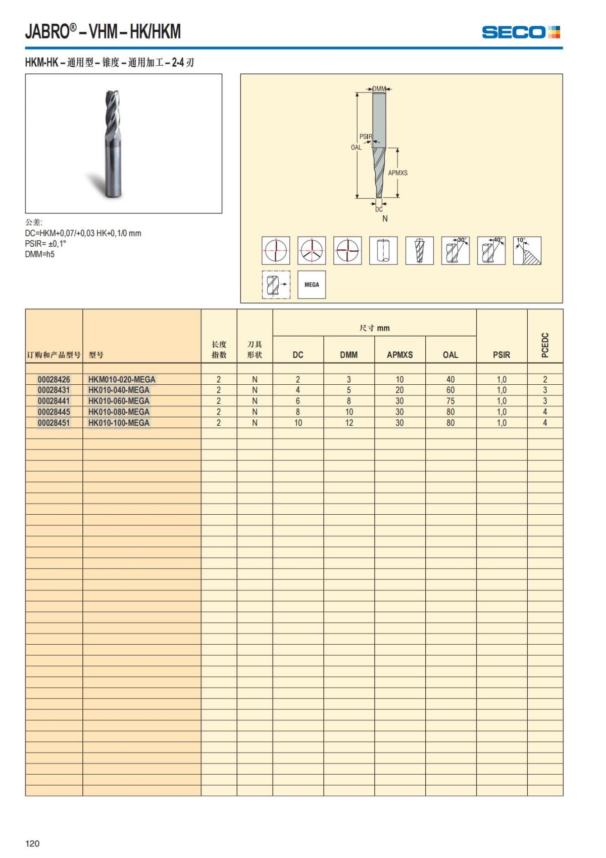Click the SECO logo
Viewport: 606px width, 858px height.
tap(521, 32)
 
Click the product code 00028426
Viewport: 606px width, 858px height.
tap(54, 379)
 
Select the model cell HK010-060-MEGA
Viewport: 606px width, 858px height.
tap(119, 401)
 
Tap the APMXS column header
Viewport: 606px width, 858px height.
tap(399, 354)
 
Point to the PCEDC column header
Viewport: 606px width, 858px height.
tap(544, 345)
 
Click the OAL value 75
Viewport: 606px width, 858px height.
tap(450, 401)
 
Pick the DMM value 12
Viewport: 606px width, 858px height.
tap(349, 423)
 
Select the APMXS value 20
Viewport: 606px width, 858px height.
tap(399, 390)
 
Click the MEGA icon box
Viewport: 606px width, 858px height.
tap(312, 285)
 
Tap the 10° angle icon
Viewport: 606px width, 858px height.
tap(527, 250)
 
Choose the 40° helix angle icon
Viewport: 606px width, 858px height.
tap(491, 250)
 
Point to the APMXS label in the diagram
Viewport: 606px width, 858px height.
tap(397, 173)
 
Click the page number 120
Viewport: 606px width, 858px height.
tap(32, 843)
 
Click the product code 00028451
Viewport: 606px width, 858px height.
tap(54, 423)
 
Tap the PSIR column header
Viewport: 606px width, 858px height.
tap(501, 354)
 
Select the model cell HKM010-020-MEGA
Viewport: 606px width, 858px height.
tap(122, 379)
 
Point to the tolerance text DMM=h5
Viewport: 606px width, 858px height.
tap(40, 254)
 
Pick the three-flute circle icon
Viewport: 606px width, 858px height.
tap(312, 250)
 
